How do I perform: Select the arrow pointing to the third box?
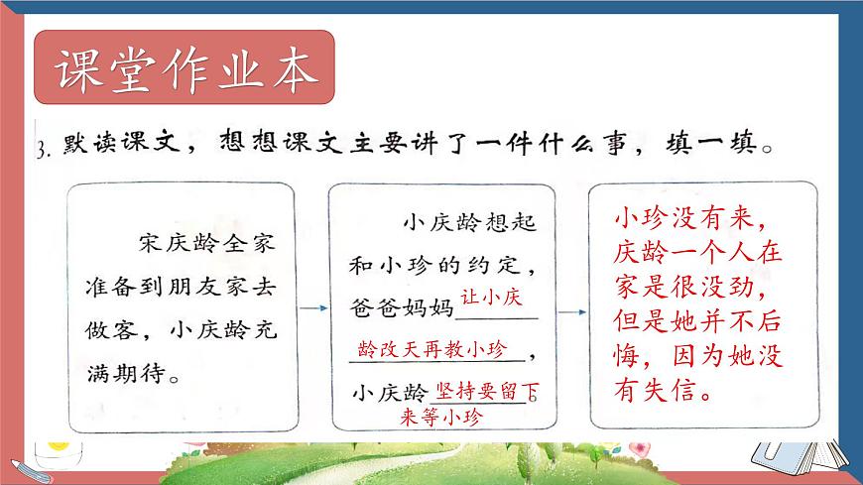[571, 310]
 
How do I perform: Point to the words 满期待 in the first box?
[123, 377]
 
